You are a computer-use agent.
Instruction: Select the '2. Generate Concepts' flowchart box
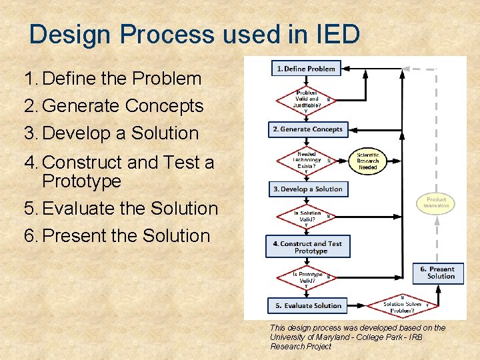pyautogui.click(x=307, y=129)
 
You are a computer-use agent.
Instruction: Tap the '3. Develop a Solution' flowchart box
pyautogui.click(x=307, y=189)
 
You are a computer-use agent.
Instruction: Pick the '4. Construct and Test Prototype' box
pyautogui.click(x=307, y=247)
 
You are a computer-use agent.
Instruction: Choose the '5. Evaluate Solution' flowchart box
pyautogui.click(x=307, y=305)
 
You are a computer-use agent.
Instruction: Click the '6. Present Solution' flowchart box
pyautogui.click(x=438, y=273)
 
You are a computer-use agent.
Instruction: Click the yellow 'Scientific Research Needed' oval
pyautogui.click(x=367, y=160)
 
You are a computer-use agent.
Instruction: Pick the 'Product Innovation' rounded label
pyautogui.click(x=436, y=203)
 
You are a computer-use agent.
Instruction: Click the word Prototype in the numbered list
pyautogui.click(x=81, y=181)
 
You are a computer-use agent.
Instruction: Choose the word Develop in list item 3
pyautogui.click(x=76, y=133)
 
